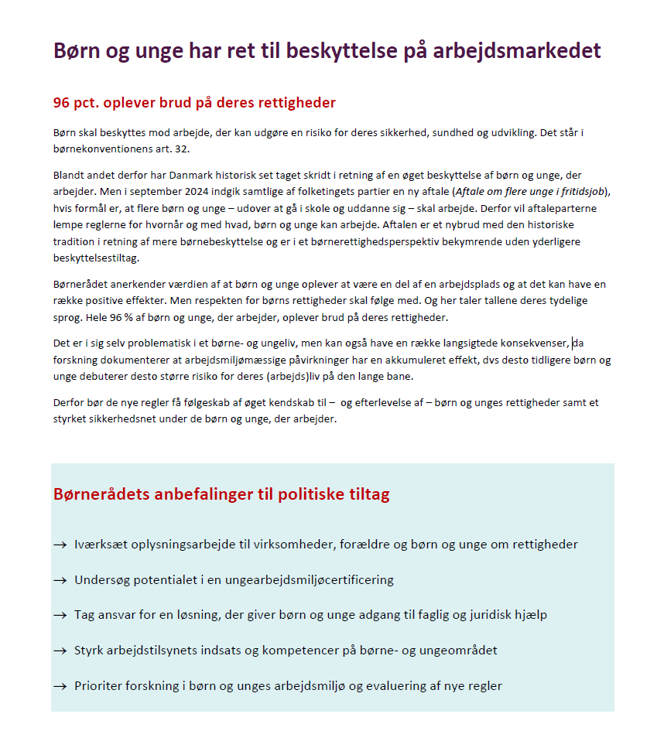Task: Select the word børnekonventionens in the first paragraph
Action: click(98, 149)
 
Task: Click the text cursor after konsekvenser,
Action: click(572, 343)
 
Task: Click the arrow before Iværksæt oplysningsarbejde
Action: click(60, 545)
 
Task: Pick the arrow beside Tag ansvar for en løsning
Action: click(60, 615)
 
